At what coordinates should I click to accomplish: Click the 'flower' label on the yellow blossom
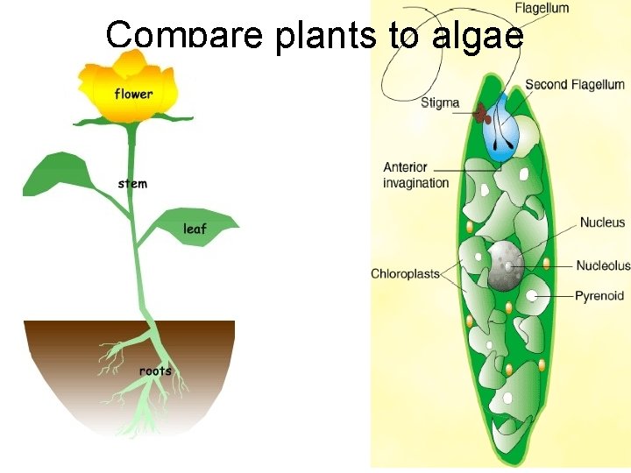click(133, 94)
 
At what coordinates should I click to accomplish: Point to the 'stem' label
click(132, 184)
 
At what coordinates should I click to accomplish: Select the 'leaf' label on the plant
click(195, 229)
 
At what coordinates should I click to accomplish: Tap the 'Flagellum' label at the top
click(542, 8)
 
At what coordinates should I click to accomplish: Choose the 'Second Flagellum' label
click(575, 85)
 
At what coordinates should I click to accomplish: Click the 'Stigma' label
click(440, 102)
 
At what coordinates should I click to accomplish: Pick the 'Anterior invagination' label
click(415, 175)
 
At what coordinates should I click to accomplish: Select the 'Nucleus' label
click(602, 222)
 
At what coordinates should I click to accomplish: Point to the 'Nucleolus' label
click(603, 265)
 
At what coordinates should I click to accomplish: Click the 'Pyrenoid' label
click(599, 296)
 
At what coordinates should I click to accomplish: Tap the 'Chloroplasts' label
click(405, 274)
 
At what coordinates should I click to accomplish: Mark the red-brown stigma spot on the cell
click(480, 111)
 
